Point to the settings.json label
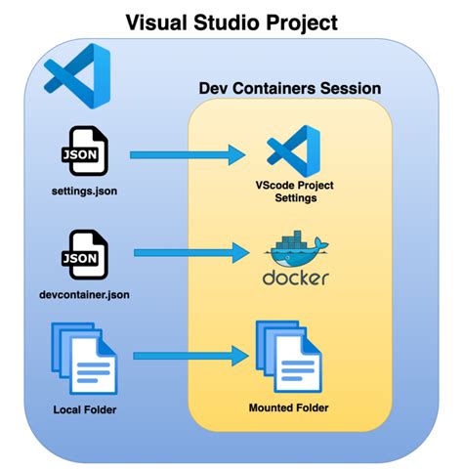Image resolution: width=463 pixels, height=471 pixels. pos(85,191)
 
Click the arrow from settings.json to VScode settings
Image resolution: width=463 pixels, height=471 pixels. pos(186,153)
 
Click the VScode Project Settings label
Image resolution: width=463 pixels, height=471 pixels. pos(294,191)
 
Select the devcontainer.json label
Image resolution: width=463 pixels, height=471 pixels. pos(85,294)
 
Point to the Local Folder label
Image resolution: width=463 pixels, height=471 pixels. pos(85,408)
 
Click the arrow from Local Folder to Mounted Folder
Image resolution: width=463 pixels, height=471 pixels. pos(186,358)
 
